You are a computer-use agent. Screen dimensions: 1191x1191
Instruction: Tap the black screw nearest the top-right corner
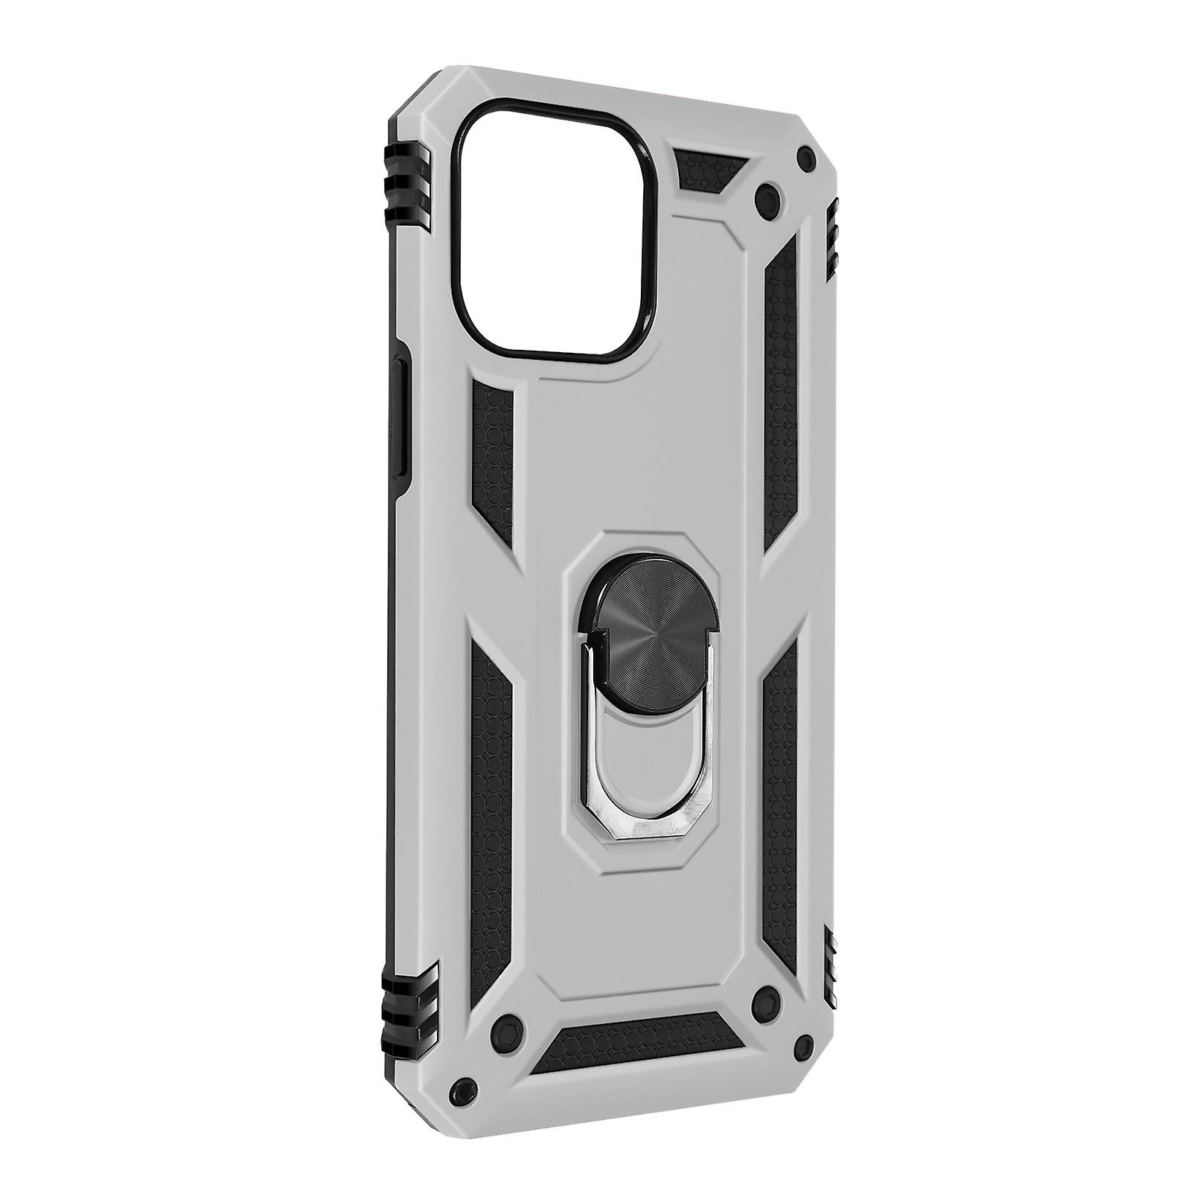pyautogui.click(x=805, y=156)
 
